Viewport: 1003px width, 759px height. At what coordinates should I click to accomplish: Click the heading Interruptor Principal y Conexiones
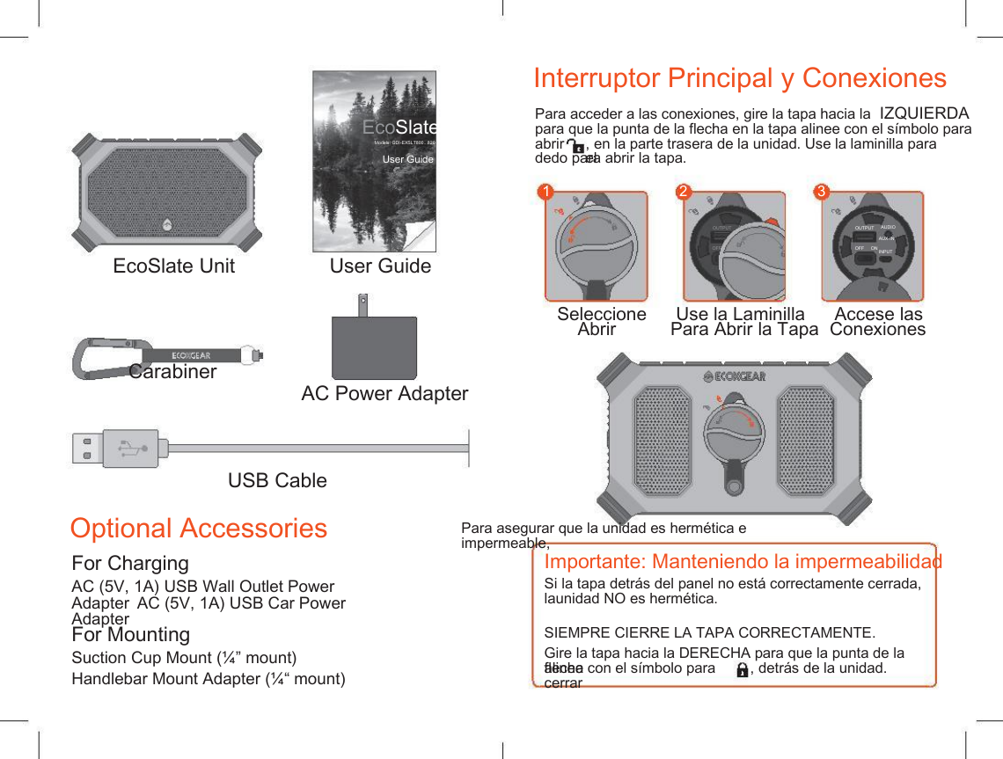[740, 78]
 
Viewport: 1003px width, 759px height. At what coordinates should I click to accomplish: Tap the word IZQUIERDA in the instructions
[924, 113]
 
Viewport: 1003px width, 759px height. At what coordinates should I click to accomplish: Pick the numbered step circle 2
[683, 191]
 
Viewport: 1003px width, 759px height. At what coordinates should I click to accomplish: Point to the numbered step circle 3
[821, 191]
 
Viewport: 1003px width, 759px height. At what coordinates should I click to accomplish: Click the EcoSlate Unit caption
[174, 266]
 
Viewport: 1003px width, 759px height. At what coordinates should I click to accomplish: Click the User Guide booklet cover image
[375, 161]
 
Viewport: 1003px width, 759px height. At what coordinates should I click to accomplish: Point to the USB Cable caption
[277, 480]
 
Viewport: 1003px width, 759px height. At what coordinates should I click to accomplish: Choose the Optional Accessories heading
[199, 528]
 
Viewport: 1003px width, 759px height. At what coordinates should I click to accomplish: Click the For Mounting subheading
[130, 634]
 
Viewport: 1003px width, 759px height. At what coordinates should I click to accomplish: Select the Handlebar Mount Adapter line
[209, 679]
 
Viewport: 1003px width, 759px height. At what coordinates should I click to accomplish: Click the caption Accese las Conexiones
[878, 321]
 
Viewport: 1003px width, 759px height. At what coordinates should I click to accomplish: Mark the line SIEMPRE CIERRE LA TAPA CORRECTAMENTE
[710, 633]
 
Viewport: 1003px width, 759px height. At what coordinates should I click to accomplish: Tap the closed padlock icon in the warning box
[743, 670]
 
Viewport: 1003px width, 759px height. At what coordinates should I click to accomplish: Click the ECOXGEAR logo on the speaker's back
[735, 376]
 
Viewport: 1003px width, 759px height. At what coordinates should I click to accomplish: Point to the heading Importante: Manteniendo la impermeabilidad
[743, 562]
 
